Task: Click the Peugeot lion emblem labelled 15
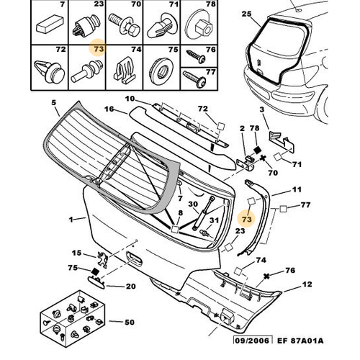[x=102, y=258]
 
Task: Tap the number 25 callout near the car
[x=246, y=14]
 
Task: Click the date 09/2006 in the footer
[x=253, y=341]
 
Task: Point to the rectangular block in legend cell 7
[x=50, y=24]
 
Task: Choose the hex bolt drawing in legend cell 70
[x=123, y=24]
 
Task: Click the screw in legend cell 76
[x=197, y=56]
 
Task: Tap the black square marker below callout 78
[x=257, y=150]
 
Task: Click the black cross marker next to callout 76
[x=266, y=276]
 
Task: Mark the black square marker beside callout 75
[x=95, y=271]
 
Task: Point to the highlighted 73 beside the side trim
[x=247, y=219]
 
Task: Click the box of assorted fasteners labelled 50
[x=73, y=319]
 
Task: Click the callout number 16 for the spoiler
[x=109, y=109]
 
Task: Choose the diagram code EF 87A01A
[x=300, y=341]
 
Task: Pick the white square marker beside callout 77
[x=283, y=209]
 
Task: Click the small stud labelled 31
[x=204, y=233]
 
